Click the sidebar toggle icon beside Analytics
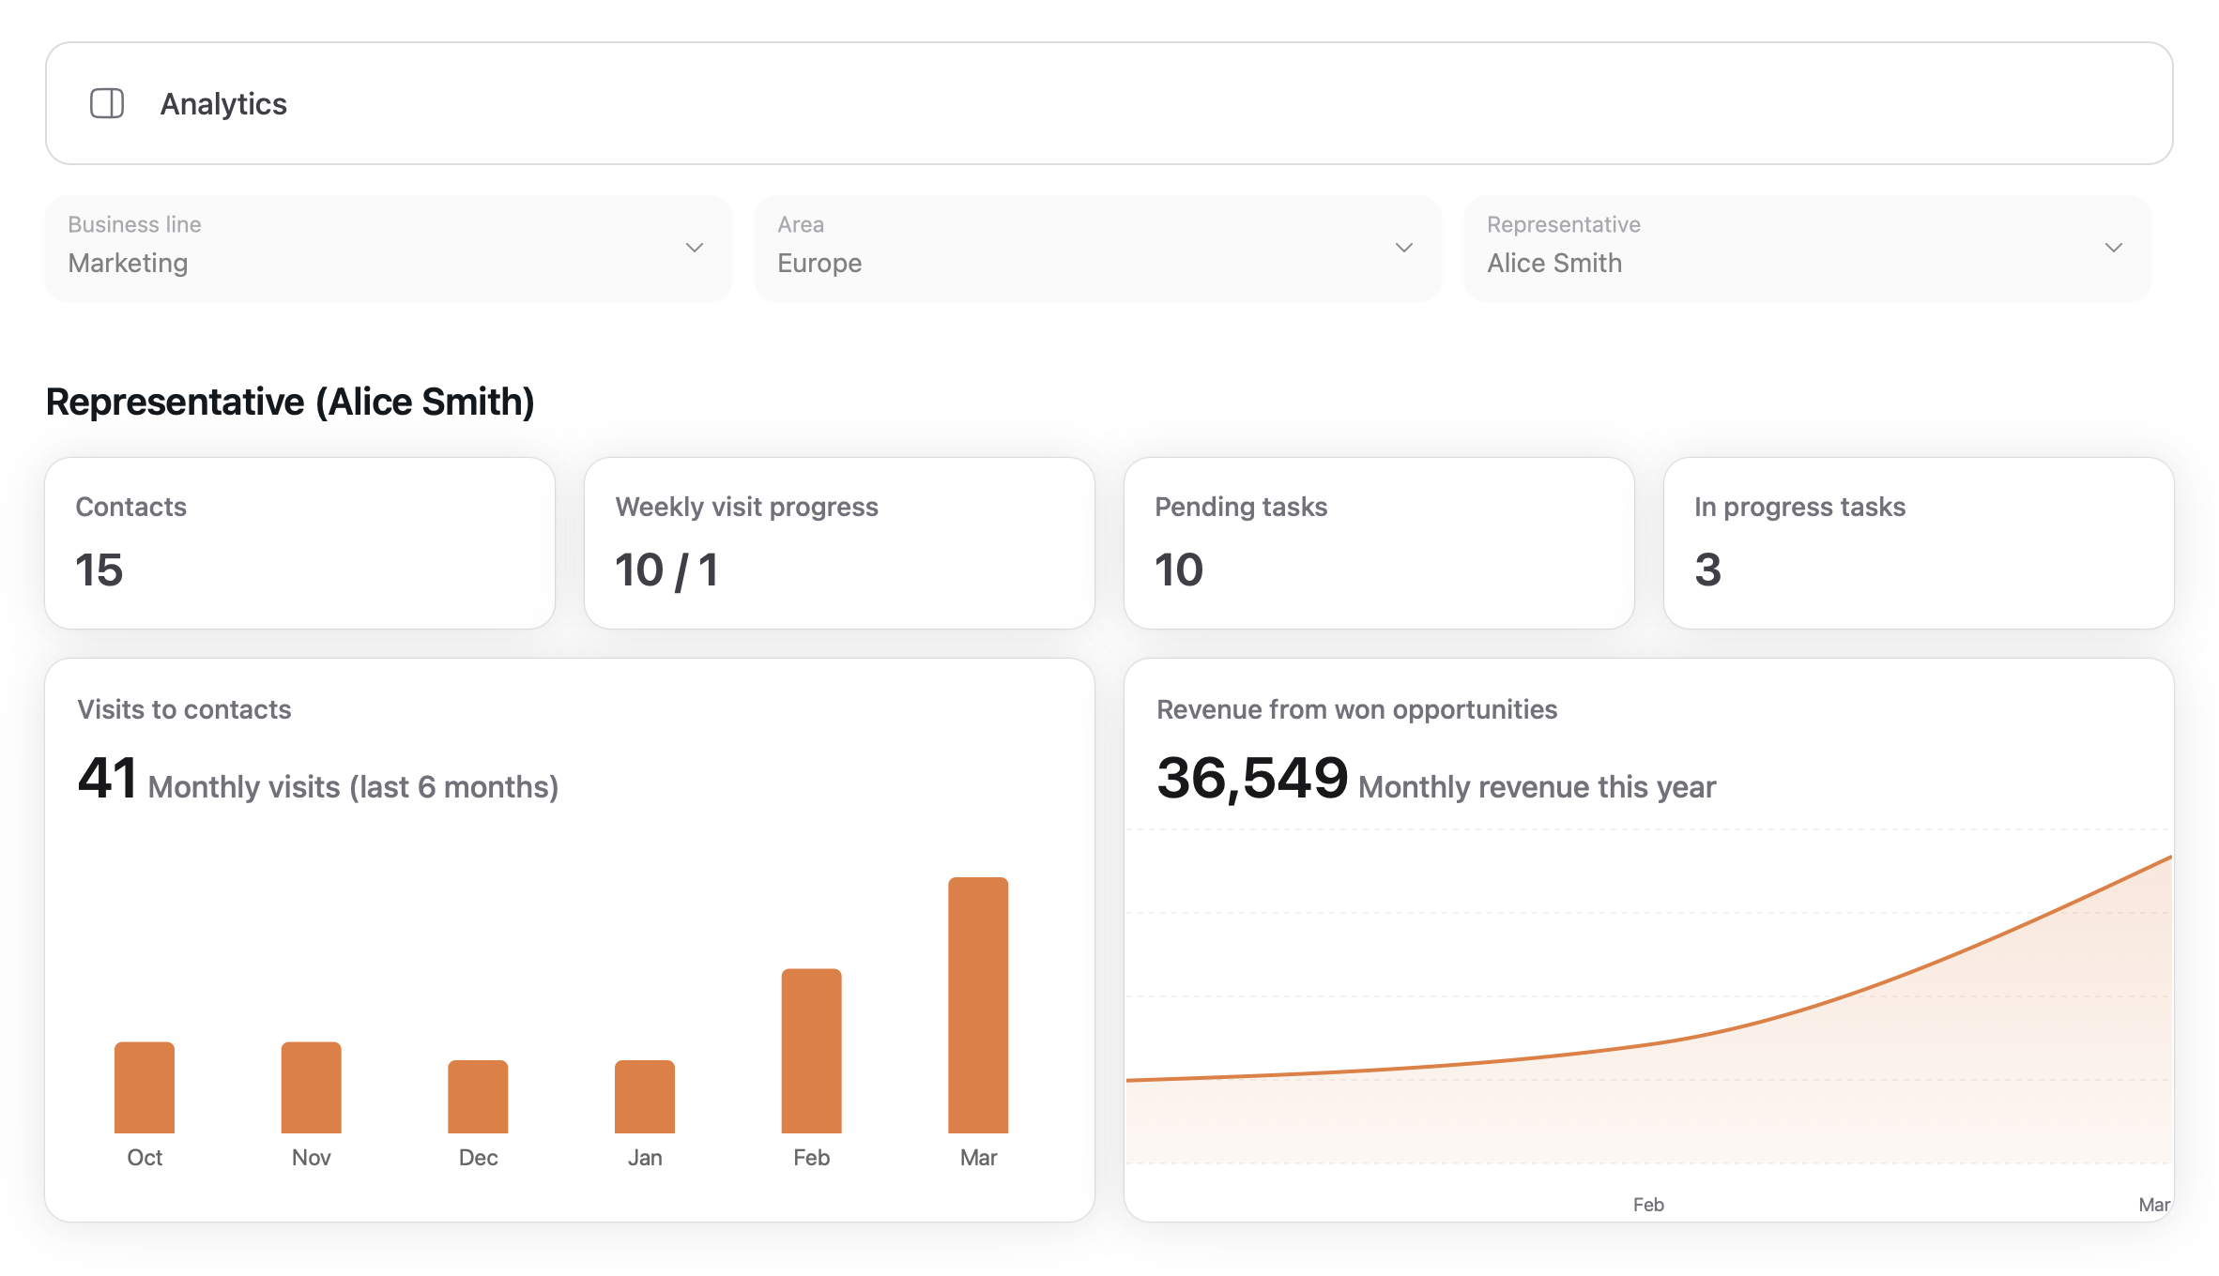pos(107,103)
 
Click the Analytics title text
pos(223,103)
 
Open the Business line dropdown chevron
pos(695,248)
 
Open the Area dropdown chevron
pos(1404,248)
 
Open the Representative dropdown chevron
pos(2114,248)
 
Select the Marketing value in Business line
pos(128,263)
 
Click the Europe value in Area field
pos(819,263)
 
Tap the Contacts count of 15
pos(99,570)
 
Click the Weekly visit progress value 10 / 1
pos(666,570)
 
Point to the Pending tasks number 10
pos(1179,570)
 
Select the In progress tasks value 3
pos(1707,570)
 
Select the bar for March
pos(978,1005)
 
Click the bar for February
pos(811,1051)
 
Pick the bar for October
pos(145,1087)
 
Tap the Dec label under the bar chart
pos(478,1158)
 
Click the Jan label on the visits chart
pos(645,1158)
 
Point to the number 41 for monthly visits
pos(107,778)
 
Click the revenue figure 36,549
pos(1252,778)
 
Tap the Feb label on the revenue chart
pos(1648,1205)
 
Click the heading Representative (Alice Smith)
pos(290,402)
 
